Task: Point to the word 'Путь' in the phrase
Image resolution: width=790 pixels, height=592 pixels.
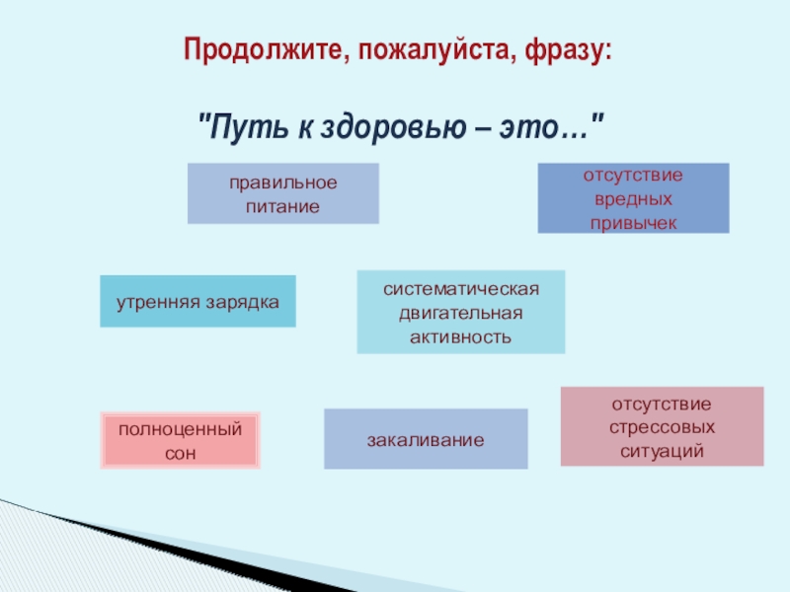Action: click(237, 126)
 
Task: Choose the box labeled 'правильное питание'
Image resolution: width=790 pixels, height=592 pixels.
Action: click(283, 193)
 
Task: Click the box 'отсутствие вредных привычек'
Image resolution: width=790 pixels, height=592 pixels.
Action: click(633, 198)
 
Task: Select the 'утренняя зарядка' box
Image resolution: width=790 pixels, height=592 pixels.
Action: click(197, 301)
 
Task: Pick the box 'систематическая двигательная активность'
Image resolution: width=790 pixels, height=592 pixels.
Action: click(461, 312)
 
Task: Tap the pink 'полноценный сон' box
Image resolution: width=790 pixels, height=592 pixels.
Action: click(181, 440)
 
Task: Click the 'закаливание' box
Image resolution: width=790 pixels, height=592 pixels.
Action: click(426, 439)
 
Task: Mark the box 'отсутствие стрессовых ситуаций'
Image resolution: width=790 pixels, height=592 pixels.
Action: click(662, 426)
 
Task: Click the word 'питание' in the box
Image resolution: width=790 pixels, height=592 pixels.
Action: click(283, 207)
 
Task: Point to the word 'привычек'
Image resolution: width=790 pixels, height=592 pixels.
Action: click(633, 222)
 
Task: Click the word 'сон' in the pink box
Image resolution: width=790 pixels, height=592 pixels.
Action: click(181, 454)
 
